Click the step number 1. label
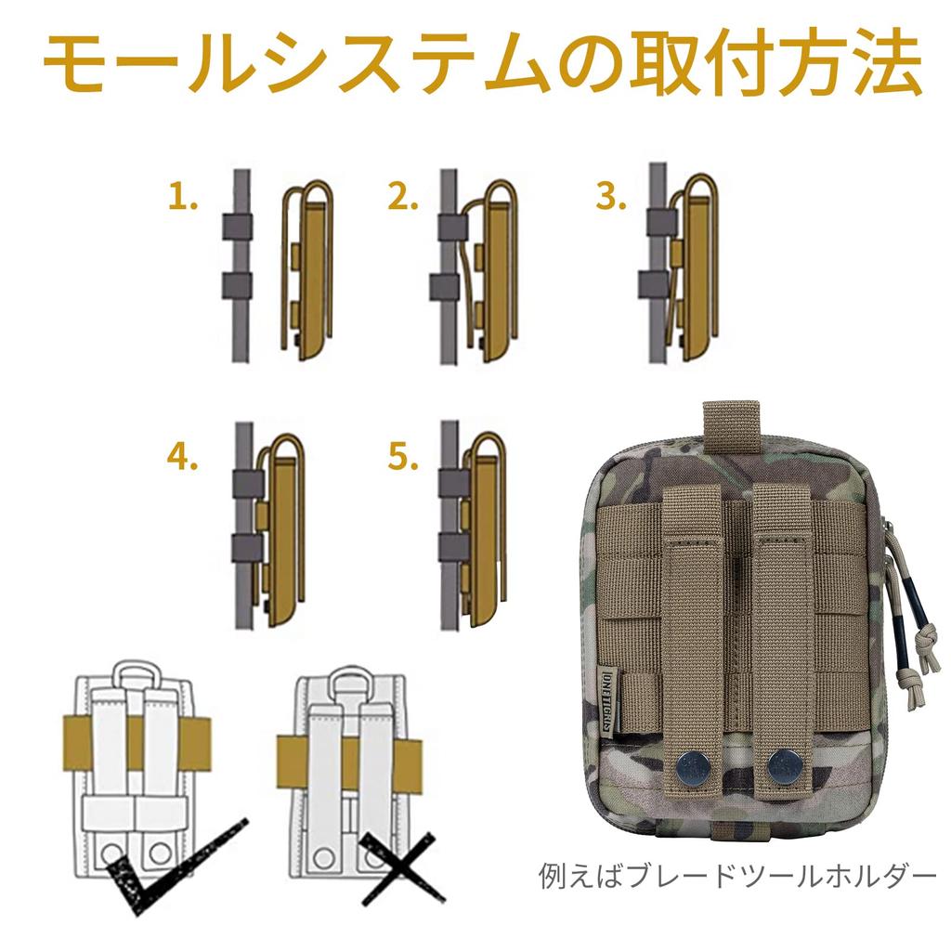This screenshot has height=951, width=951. tap(183, 197)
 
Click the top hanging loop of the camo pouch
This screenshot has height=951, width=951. tap(731, 423)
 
